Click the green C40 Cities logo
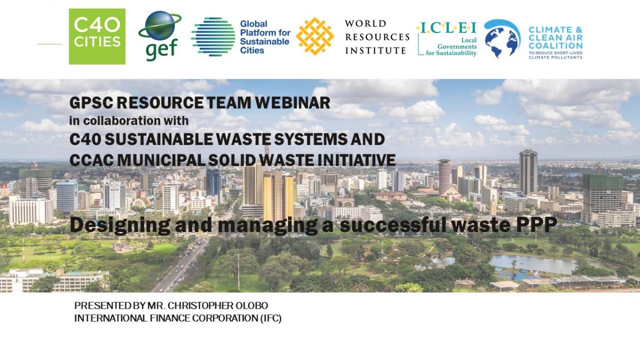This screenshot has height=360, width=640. [97, 36]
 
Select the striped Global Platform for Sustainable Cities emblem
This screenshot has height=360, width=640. [213, 37]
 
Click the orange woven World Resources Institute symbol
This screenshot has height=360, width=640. [315, 36]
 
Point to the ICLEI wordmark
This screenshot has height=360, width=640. [447, 28]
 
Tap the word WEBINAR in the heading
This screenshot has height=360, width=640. [293, 103]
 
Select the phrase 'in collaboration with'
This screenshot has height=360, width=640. [129, 121]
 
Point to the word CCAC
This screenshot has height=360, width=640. [91, 160]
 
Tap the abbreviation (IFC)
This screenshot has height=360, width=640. [270, 318]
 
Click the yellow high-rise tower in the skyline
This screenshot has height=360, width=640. [278, 197]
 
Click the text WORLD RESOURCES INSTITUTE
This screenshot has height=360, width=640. [377, 37]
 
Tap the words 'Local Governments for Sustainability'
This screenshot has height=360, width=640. [451, 46]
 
